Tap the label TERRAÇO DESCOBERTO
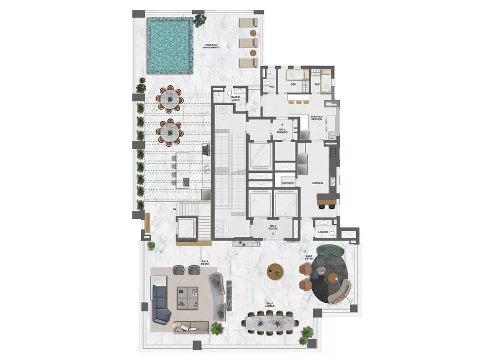215,46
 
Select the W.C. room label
271,87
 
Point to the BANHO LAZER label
236,99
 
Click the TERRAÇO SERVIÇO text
317,120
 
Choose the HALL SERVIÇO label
283,131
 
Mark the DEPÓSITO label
288,183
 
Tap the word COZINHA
318,183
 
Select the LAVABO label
323,231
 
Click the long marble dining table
271,322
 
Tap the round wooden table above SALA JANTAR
275,271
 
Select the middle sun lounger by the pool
247,43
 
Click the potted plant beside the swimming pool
200,20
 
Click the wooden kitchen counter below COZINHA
328,200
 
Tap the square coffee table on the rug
187,297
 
